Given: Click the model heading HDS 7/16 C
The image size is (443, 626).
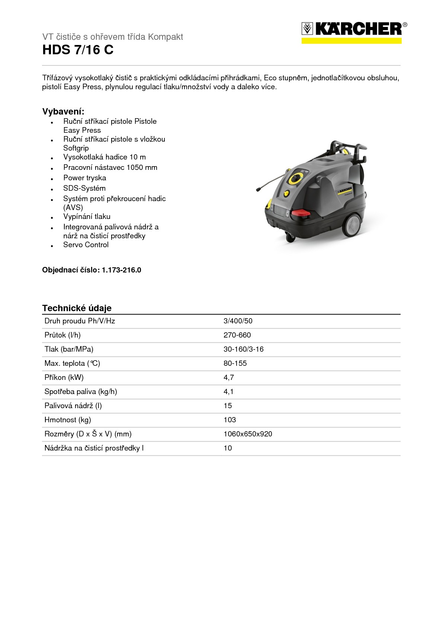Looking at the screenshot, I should pos(78,50).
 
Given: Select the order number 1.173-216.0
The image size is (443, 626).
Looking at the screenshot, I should pos(121,270).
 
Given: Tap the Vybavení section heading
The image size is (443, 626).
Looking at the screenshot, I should pos(63,112).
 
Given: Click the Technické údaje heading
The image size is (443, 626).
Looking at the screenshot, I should pos(77,308).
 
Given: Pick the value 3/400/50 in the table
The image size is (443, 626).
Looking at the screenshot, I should pos(238,321).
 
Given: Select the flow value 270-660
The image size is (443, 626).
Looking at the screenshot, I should pos(237,335).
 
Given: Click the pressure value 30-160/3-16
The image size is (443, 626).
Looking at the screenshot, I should pos(243,349).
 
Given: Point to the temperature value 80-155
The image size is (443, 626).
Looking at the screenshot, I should pos(235,363).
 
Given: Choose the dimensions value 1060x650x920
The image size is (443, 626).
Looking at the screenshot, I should pos(248,434).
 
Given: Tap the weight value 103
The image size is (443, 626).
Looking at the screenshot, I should pos(229,420).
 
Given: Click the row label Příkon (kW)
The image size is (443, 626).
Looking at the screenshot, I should pos(64,377).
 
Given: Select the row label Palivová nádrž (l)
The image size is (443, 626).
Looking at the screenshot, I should pos(73,406).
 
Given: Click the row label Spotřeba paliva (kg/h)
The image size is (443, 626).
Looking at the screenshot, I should pos(81,391).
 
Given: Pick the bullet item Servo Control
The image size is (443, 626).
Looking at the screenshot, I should pos(86,245).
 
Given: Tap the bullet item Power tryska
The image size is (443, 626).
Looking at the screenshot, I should pos(84,178).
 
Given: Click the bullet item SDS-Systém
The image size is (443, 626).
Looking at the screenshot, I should pos(84,188).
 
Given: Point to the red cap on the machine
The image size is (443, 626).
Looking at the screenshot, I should pos(300,214).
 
